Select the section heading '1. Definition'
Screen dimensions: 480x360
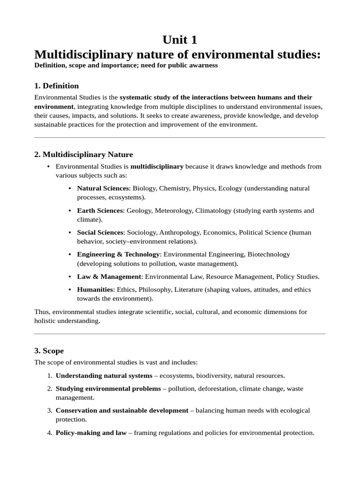[x=56, y=86]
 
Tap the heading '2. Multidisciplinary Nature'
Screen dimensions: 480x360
[x=83, y=154]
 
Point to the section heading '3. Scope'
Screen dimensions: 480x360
[x=49, y=351]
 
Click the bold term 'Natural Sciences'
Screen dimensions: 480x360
[x=103, y=188]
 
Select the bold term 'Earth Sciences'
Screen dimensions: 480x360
[x=100, y=210]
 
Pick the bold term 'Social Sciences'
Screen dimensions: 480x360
[x=100, y=232]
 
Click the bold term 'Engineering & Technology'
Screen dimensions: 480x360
[x=118, y=254]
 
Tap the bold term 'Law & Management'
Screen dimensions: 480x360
[x=109, y=277]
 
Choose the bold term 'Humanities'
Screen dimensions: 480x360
[x=95, y=290]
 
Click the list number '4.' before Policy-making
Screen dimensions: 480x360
[x=50, y=433]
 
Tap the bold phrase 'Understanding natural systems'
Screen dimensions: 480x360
[x=104, y=375]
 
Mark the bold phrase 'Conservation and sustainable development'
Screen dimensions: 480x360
[x=122, y=410]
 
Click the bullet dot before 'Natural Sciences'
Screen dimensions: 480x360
[x=70, y=188]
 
